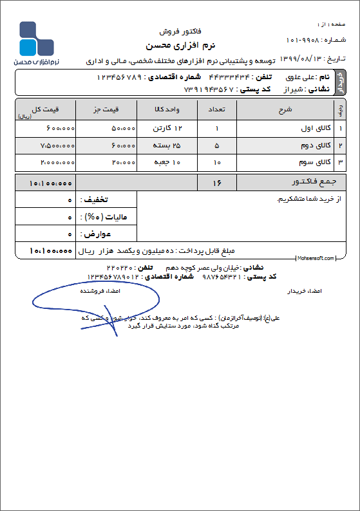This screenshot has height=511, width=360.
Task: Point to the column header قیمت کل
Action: tap(45, 109)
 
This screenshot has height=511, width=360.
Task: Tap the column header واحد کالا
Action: tap(160, 109)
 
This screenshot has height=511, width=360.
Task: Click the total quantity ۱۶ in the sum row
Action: tap(216, 183)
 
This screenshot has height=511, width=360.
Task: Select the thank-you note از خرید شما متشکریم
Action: tap(303, 200)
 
